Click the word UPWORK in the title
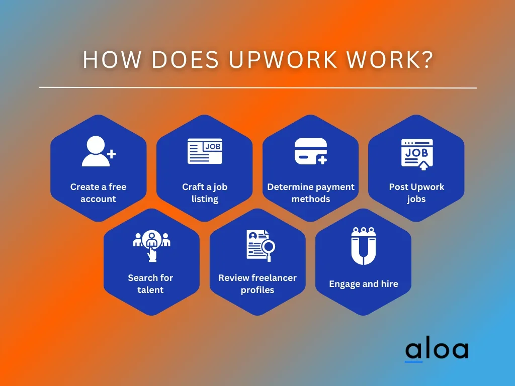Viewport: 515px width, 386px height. pos(283,60)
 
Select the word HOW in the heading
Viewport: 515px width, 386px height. pos(112,60)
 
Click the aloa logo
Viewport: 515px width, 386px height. pos(437,350)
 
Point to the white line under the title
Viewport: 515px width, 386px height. pos(258,87)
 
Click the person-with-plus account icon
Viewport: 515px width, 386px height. pos(98,151)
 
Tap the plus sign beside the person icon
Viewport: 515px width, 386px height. pos(111,154)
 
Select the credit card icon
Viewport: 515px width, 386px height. pos(311,151)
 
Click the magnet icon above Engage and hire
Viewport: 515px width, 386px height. pos(363,246)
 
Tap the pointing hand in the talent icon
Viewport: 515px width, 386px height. pos(152,254)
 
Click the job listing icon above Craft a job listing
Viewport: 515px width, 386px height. pos(205,151)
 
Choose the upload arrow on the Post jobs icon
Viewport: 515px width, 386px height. pos(423,165)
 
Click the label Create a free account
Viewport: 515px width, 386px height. pos(98,192)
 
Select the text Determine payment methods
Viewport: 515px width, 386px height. pos(311,192)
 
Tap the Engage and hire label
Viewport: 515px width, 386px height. pos(364,284)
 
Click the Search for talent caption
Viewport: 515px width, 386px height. pos(150,283)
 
